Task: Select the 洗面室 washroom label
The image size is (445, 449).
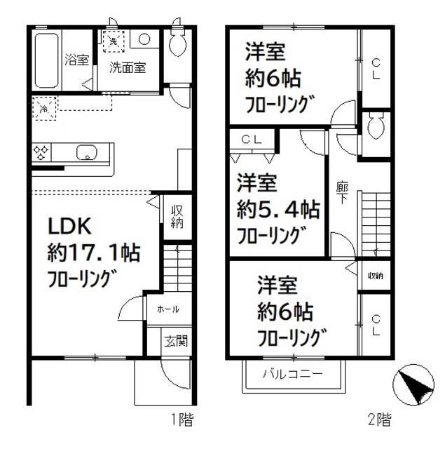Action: (127, 69)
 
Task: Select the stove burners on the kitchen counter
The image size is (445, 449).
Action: (41, 152)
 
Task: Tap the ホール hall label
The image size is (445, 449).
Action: (167, 309)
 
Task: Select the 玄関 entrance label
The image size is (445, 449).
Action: (176, 342)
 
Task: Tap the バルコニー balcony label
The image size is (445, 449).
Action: (293, 373)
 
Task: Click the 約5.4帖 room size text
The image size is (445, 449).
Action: (278, 208)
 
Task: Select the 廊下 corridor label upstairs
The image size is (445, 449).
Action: (343, 194)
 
